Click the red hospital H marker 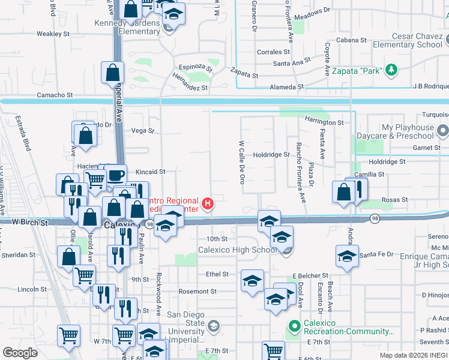pyautogui.click(x=208, y=203)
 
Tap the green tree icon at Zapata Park pyautogui.click(x=391, y=70)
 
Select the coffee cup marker pyautogui.click(x=116, y=176)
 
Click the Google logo pyautogui.click(x=20, y=353)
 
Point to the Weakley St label pyautogui.click(x=53, y=34)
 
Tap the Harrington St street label pyautogui.click(x=324, y=122)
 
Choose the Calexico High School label pyautogui.click(x=238, y=250)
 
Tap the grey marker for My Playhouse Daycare pyautogui.click(x=443, y=130)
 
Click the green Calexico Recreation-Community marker pyautogui.click(x=294, y=327)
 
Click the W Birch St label pyautogui.click(x=29, y=223)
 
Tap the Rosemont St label pyautogui.click(x=196, y=292)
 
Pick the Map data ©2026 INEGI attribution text pyautogui.click(x=414, y=355)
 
